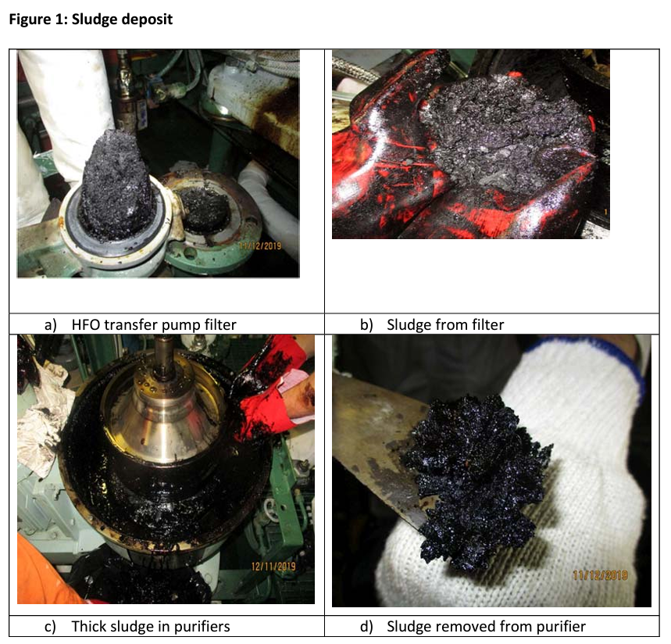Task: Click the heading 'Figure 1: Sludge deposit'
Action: (91, 20)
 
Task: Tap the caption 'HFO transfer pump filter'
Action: (154, 324)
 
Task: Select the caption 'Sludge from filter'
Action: (445, 324)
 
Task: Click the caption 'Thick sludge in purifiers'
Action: (151, 626)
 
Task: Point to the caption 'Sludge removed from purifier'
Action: (486, 626)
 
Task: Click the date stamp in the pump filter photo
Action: (260, 245)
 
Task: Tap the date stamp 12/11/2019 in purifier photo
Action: (273, 566)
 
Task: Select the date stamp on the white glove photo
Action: (600, 574)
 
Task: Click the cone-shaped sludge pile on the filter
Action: (116, 184)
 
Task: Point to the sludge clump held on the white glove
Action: (475, 480)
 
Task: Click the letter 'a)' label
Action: (51, 325)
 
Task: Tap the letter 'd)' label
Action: (366, 627)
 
